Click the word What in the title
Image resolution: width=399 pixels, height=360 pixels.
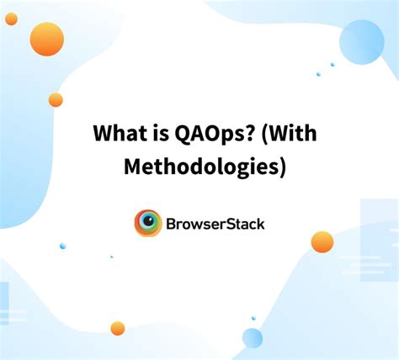(116, 134)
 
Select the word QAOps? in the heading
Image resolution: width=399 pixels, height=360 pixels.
(205, 135)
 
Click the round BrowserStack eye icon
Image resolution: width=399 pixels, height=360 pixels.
(148, 223)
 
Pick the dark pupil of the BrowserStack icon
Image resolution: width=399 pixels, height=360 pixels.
(149, 223)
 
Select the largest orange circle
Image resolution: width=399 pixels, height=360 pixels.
(47, 40)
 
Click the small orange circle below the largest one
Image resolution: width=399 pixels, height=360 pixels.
(56, 100)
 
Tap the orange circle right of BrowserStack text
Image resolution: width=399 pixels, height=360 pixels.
(322, 242)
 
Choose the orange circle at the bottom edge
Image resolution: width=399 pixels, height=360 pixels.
(118, 328)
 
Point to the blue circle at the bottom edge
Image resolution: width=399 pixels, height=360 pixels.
(253, 338)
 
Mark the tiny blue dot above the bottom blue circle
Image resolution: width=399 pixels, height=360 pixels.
(253, 318)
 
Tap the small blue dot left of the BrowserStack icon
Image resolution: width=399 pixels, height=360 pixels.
(62, 246)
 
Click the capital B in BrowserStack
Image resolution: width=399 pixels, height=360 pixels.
(172, 224)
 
